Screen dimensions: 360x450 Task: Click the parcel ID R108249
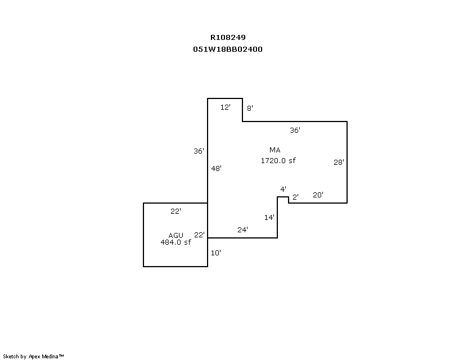pyautogui.click(x=228, y=38)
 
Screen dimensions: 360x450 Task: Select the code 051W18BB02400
pyautogui.click(x=228, y=49)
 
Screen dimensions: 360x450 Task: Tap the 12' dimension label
pyautogui.click(x=226, y=107)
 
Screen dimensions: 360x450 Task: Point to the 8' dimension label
pyautogui.click(x=250, y=108)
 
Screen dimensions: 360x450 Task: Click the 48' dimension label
pyautogui.click(x=217, y=168)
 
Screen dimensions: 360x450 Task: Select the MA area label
pyautogui.click(x=274, y=150)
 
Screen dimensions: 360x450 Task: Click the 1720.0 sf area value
pyautogui.click(x=278, y=160)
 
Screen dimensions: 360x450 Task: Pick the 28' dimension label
pyautogui.click(x=339, y=163)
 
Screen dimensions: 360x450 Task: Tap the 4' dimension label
pyautogui.click(x=283, y=189)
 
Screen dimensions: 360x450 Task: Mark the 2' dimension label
pyautogui.click(x=295, y=197)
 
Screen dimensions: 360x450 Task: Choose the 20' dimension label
pyautogui.click(x=318, y=195)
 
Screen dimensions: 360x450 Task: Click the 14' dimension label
pyautogui.click(x=269, y=217)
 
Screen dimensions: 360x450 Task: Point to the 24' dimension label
pyautogui.click(x=242, y=229)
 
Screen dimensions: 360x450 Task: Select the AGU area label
pyautogui.click(x=175, y=236)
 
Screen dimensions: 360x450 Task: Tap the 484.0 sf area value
pyautogui.click(x=176, y=242)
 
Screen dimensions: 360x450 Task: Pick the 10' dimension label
pyautogui.click(x=216, y=253)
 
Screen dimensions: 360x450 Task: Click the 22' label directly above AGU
pyautogui.click(x=175, y=211)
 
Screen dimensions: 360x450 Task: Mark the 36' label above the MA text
pyautogui.click(x=295, y=130)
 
